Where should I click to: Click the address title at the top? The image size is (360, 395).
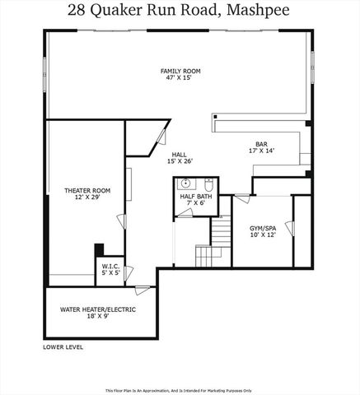coord(180,11)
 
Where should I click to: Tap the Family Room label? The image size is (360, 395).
coord(180,72)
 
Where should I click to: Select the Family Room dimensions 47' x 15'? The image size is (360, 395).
coord(180,79)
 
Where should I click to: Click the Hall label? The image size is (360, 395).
coord(180,154)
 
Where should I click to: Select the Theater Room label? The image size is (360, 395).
coord(87,190)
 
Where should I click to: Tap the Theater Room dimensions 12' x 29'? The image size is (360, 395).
coord(87,197)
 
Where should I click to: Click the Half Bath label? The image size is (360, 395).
coord(197,196)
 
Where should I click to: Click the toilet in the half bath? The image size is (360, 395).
coord(209,182)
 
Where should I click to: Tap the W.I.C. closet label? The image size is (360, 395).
coord(110,267)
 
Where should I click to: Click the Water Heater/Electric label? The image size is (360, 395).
coord(97,309)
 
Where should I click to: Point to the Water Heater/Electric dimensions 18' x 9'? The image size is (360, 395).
coord(97,317)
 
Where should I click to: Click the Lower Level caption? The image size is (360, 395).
coord(63,347)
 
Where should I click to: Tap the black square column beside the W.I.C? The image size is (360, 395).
coord(99,249)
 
